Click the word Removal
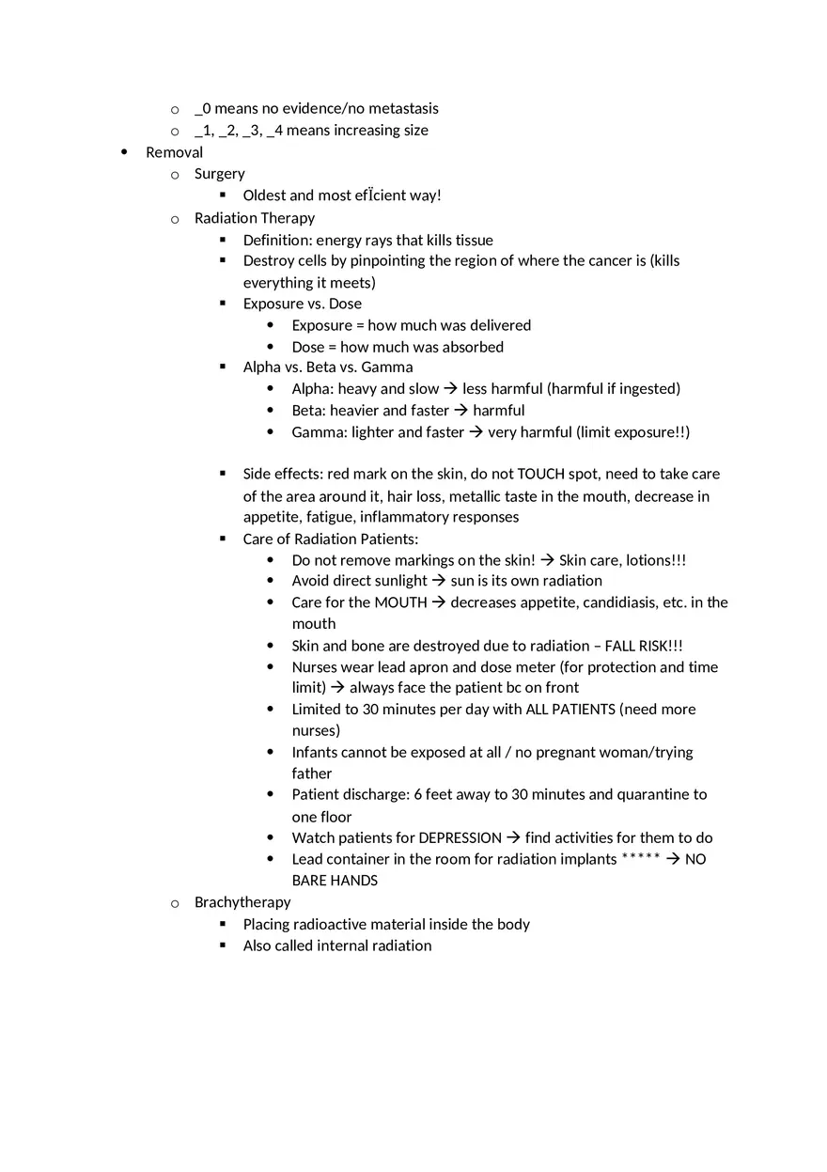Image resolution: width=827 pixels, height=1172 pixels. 174,152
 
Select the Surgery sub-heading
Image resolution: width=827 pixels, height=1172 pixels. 219,174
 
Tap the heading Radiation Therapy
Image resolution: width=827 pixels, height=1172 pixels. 254,218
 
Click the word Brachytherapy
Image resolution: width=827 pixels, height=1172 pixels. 242,902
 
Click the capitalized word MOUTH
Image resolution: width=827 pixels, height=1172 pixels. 400,602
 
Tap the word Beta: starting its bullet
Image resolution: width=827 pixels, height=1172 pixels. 308,411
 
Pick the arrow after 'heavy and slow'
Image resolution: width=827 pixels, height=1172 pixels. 450,389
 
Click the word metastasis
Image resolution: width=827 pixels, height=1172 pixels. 403,109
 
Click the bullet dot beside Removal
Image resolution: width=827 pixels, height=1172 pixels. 125,152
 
